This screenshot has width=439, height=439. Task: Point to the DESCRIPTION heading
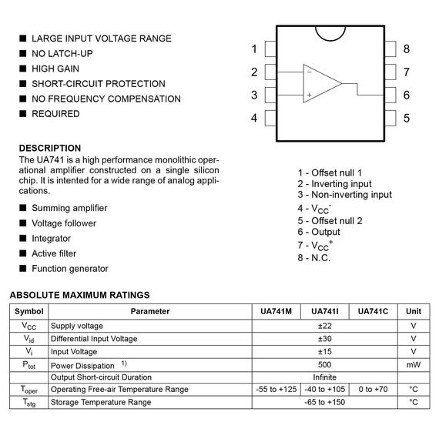(x=50, y=148)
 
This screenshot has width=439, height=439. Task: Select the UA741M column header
(x=276, y=311)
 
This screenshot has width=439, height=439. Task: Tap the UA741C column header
(x=374, y=311)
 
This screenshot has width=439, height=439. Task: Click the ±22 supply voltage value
(x=324, y=326)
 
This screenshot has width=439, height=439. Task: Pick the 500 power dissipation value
(x=324, y=364)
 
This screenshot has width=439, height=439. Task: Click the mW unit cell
(x=414, y=364)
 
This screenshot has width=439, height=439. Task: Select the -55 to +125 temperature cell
(x=276, y=390)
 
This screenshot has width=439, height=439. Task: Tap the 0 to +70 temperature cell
(x=374, y=390)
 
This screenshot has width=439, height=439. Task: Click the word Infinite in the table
(x=324, y=377)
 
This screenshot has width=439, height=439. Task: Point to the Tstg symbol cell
(x=28, y=403)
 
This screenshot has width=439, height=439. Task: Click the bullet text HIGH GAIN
(x=55, y=69)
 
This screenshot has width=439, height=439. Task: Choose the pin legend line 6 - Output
(x=319, y=232)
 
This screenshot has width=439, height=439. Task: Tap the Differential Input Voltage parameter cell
(x=94, y=339)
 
